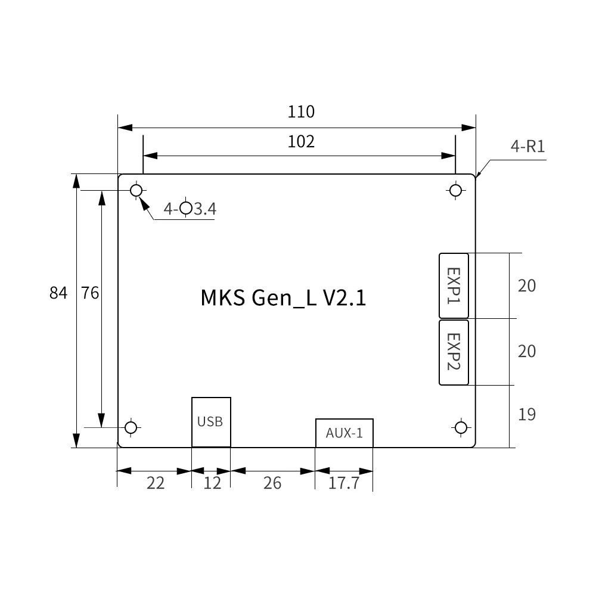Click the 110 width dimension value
tap(301, 111)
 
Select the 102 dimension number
tap(301, 142)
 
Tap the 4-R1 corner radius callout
tap(527, 147)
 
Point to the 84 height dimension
tap(58, 293)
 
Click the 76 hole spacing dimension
tap(90, 293)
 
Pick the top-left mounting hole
tap(136, 190)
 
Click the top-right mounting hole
tap(456, 190)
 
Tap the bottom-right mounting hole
tap(461, 427)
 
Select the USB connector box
tap(211, 421)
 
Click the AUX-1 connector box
tap(344, 433)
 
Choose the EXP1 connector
tap(454, 285)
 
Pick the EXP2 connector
tap(454, 352)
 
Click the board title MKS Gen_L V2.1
tap(283, 297)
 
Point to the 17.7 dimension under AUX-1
tap(344, 483)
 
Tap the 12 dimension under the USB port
tap(212, 483)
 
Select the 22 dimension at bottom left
tap(156, 483)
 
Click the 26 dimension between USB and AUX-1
tap(272, 483)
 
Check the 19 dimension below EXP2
tap(527, 414)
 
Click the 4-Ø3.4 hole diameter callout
tap(190, 209)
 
